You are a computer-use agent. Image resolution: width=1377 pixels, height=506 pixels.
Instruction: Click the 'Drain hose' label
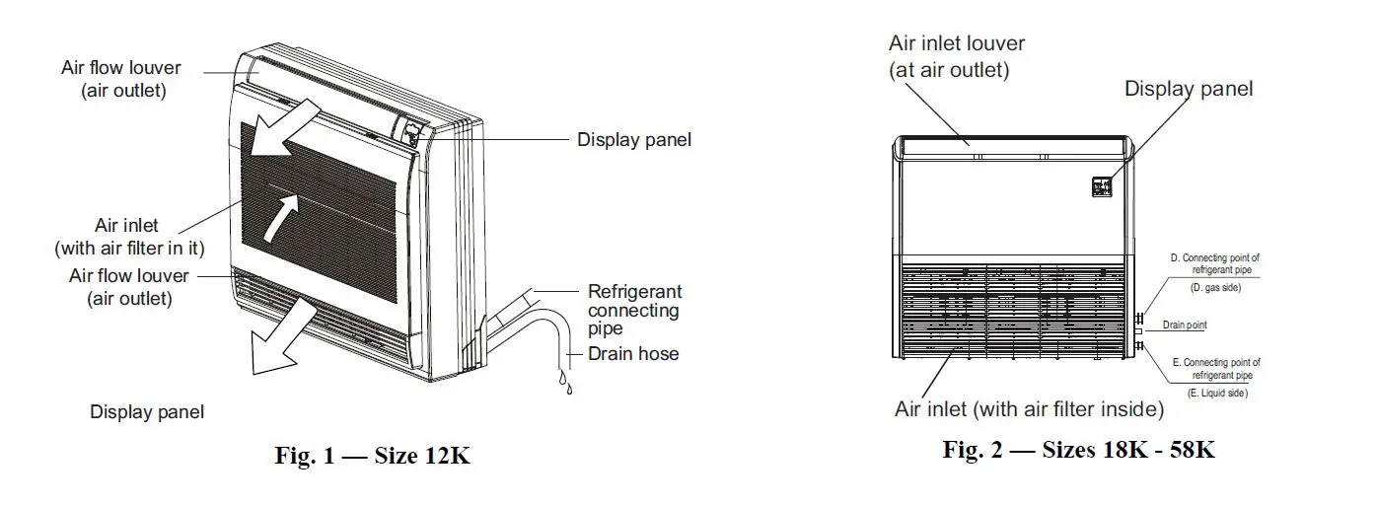pyautogui.click(x=633, y=353)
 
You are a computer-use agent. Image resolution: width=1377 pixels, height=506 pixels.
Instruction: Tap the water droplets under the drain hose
pyautogui.click(x=565, y=383)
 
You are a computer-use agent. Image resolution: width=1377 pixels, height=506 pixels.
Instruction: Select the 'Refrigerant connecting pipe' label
pyautogui.click(x=634, y=310)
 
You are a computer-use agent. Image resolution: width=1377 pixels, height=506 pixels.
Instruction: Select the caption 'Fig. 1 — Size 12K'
pyautogui.click(x=372, y=458)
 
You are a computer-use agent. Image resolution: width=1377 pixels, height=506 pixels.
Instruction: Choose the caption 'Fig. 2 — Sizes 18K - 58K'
pyautogui.click(x=1079, y=451)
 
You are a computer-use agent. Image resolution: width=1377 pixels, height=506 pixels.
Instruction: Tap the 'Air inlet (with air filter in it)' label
pyautogui.click(x=127, y=237)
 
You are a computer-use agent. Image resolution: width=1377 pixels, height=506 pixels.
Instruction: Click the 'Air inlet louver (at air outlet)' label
pyautogui.click(x=956, y=56)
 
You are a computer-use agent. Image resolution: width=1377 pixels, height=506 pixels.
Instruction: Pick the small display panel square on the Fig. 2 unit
pyautogui.click(x=1102, y=185)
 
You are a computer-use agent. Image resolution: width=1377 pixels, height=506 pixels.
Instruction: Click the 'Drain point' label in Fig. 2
pyautogui.click(x=1184, y=325)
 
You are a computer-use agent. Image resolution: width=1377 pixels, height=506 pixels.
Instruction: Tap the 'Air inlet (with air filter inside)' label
pyautogui.click(x=1029, y=408)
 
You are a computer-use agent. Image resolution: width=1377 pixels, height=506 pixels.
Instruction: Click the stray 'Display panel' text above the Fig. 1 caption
pyautogui.click(x=147, y=412)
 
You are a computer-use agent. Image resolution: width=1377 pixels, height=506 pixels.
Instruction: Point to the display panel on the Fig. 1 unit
pyautogui.click(x=409, y=132)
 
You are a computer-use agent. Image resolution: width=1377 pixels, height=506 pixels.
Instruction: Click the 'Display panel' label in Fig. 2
pyautogui.click(x=1189, y=89)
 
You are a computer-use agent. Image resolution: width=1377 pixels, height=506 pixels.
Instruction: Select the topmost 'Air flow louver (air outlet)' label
pyautogui.click(x=122, y=78)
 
